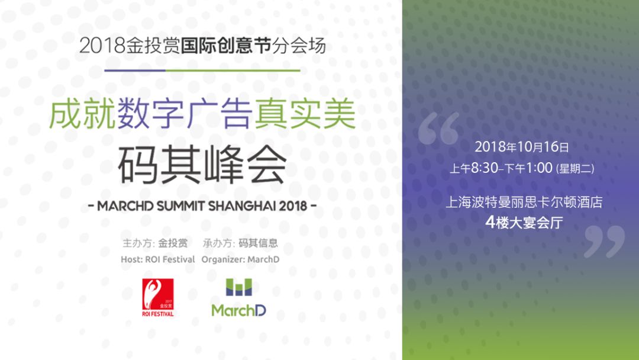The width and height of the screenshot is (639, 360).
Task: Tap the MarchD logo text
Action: coord(239,311)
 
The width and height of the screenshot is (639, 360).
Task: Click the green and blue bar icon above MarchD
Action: coord(239,287)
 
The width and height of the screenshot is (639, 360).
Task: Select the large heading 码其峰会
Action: coord(202,165)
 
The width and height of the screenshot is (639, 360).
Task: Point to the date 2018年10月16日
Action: coord(522,147)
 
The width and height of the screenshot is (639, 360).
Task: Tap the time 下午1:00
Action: coord(528,168)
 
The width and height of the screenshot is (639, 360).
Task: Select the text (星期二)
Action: coord(575,168)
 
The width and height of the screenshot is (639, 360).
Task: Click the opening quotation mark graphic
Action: coord(438,128)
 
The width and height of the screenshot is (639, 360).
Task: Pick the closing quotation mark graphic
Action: coord(604,242)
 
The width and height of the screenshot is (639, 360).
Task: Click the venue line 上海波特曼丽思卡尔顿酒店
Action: coord(524,202)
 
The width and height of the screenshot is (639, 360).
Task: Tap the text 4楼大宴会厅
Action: coord(524,223)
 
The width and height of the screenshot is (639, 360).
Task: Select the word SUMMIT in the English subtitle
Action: coord(181,206)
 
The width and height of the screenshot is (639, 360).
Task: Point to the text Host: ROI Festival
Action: coord(158,259)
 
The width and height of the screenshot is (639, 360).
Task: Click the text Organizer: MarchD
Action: coord(240,259)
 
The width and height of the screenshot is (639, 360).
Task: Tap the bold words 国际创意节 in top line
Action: coord(226,46)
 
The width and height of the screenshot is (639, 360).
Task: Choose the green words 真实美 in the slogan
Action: coord(306,114)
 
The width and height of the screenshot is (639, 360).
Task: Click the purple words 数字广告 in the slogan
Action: coord(185,114)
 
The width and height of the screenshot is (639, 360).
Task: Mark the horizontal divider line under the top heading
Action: coord(202,70)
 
